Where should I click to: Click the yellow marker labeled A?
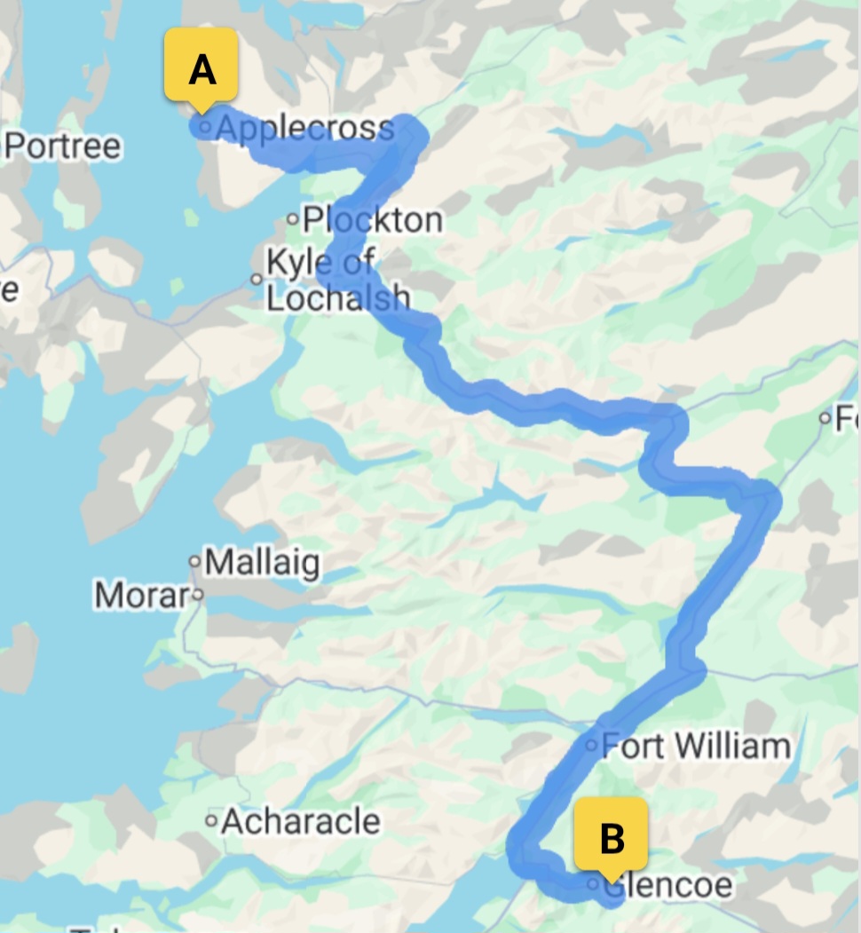201,67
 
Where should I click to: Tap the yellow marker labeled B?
611,835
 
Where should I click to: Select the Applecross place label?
304,129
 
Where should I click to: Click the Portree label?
62,146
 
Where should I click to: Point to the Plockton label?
372,219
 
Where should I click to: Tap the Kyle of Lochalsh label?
337,280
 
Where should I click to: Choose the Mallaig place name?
262,563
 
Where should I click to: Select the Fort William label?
696,746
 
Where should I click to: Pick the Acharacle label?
301,821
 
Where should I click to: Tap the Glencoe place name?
667,885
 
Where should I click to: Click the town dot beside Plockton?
292,218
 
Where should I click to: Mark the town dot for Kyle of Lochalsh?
257,279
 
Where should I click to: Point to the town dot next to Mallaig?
194,561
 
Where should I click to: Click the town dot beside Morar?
198,594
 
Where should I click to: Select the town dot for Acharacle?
211,821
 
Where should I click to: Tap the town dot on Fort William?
592,745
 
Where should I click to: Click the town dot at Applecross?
205,128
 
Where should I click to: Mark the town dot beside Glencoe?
593,883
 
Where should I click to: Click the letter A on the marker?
202,68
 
